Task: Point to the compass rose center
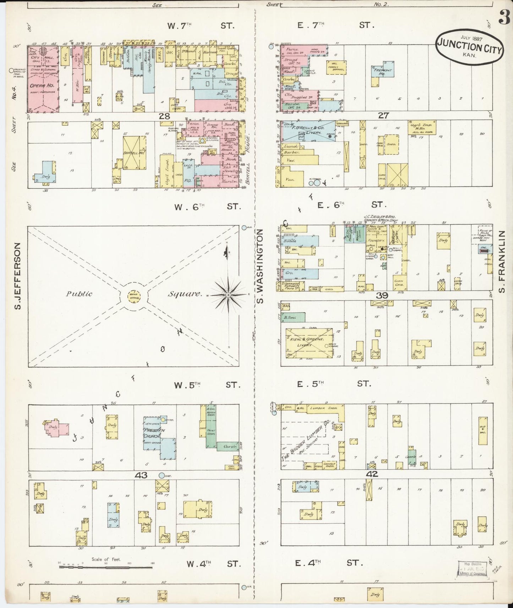228,295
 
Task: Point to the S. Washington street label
260,266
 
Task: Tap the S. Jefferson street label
18,276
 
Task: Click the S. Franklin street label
501,262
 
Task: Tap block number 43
141,475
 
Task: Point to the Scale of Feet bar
106,567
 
